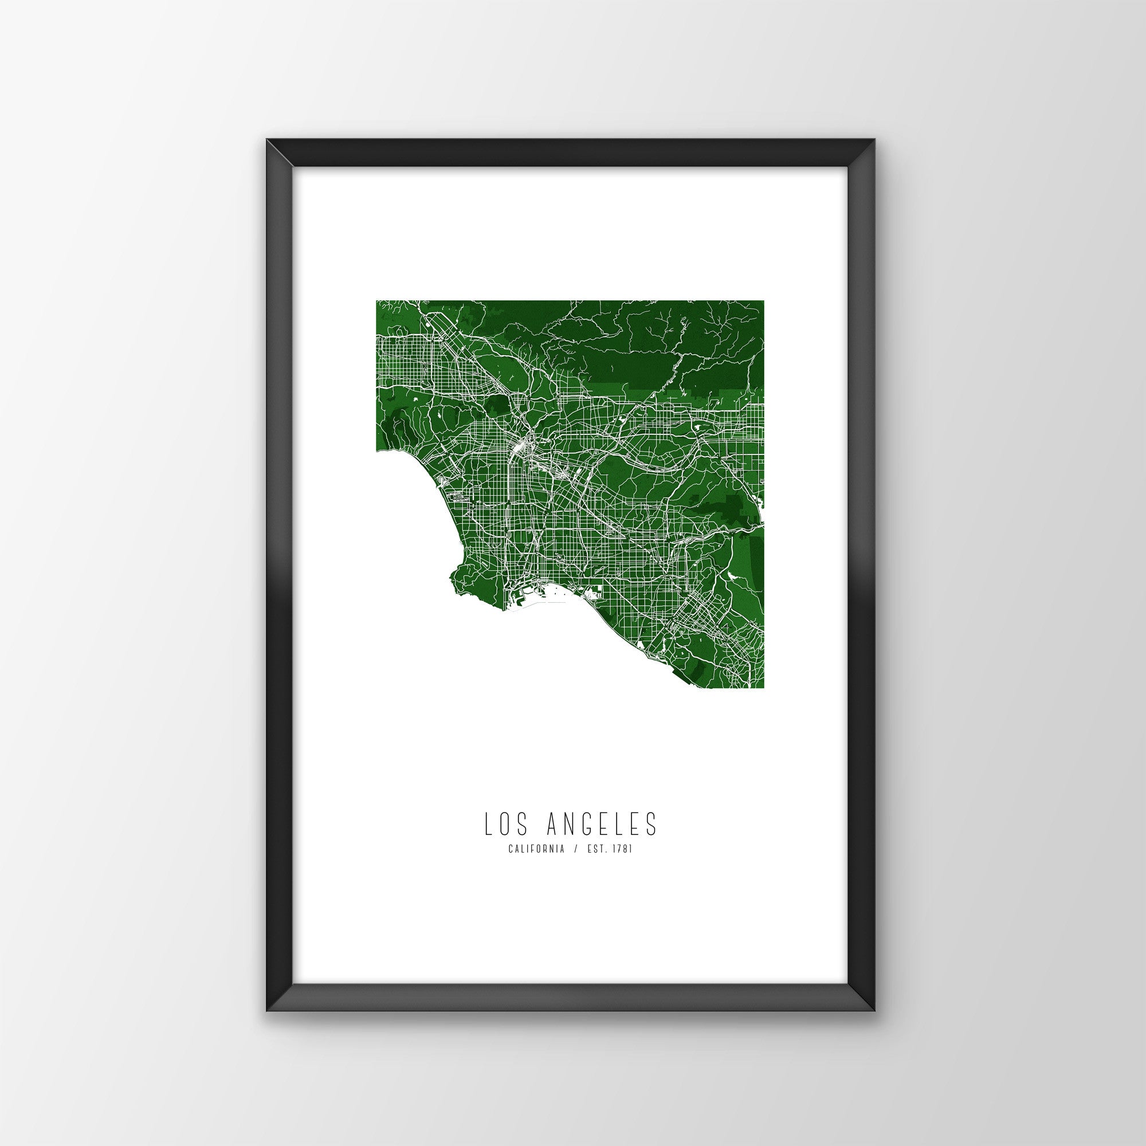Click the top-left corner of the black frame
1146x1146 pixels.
268,156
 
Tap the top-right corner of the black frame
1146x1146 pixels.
875,156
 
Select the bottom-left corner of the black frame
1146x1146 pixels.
268,994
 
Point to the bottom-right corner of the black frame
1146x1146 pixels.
875,994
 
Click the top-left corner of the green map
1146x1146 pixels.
376,301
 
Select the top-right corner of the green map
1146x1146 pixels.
763,301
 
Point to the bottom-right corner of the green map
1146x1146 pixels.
763,688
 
